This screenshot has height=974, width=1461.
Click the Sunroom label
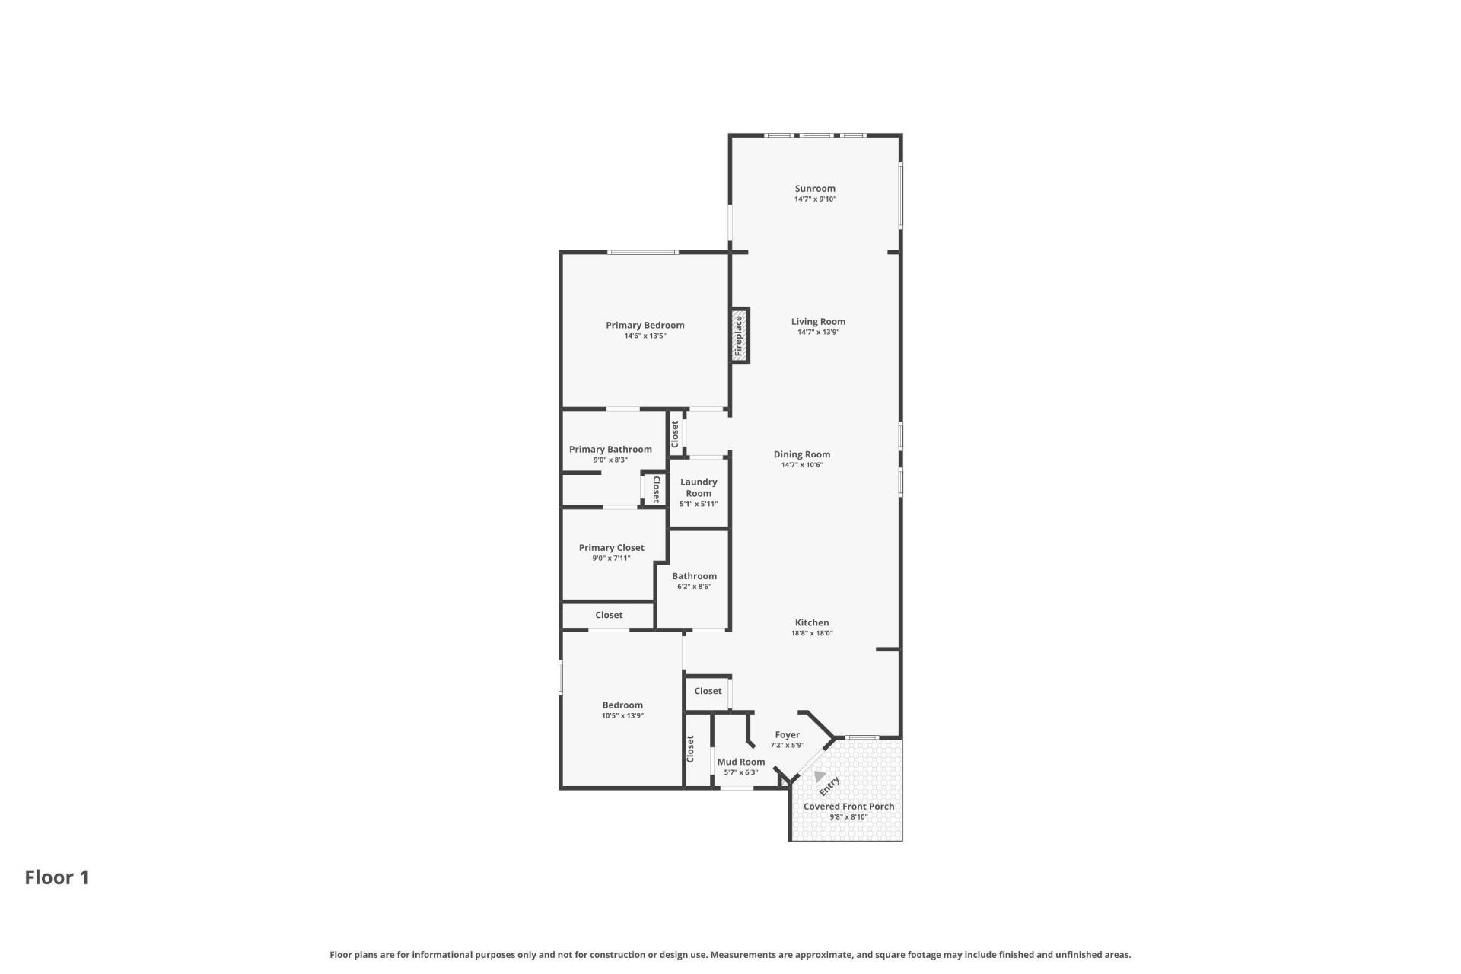tap(815, 189)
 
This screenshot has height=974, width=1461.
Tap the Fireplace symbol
tap(740, 336)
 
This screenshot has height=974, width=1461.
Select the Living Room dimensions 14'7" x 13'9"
tap(818, 333)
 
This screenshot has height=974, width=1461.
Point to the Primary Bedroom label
tap(645, 325)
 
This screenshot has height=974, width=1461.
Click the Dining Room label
tap(802, 454)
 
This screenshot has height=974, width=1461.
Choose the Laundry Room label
tap(699, 487)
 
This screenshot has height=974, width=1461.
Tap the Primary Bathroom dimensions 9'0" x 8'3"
tap(610, 460)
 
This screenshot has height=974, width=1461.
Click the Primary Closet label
tap(611, 548)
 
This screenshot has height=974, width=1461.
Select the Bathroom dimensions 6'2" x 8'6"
tap(694, 587)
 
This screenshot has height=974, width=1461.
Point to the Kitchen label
tap(812, 622)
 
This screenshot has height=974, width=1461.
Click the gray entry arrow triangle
tap(819, 777)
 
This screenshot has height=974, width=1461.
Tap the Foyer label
tap(787, 735)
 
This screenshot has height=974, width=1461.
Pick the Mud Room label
tap(741, 762)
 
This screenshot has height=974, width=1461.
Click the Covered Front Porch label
tap(848, 807)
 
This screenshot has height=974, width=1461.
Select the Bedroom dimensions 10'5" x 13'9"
tap(622, 716)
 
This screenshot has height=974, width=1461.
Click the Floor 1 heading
tap(57, 877)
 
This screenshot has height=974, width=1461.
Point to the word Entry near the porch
tap(829, 786)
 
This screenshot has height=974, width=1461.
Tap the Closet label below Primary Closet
tap(609, 615)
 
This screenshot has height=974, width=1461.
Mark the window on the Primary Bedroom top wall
tap(643, 253)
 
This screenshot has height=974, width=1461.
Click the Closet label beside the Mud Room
tap(691, 749)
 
